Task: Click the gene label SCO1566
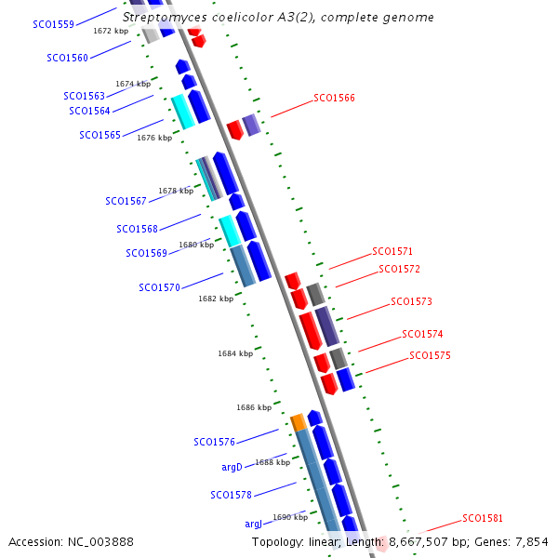pos(334,98)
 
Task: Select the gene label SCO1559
pos(53,24)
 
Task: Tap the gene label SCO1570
pos(159,287)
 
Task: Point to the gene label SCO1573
pos(411,301)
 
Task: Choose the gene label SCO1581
pos(483,518)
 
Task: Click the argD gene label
pos(232,467)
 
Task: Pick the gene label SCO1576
pos(214,442)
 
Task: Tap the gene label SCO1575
pos(430,355)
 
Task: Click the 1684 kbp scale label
pos(235,353)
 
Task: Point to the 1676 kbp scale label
pos(154,138)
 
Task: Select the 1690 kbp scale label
pos(289,517)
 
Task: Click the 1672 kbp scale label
pos(111,31)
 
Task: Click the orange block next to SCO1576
pos(299,422)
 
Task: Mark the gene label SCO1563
pos(84,96)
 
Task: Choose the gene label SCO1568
pos(137,229)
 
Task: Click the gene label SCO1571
pos(392,251)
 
